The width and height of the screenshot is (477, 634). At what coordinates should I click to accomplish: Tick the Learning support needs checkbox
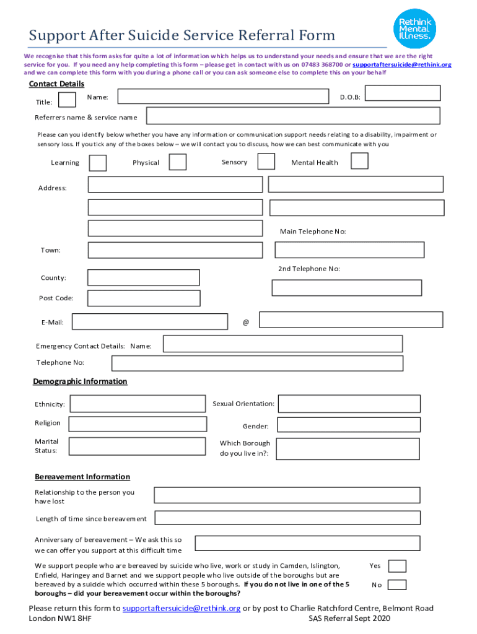(98, 163)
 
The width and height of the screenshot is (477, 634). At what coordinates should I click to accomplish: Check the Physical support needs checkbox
(178, 162)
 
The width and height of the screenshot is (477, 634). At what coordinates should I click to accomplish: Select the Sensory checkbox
(266, 162)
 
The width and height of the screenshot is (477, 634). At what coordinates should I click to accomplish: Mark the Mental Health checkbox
(359, 161)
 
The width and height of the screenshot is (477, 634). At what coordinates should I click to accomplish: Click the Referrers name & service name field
(293, 116)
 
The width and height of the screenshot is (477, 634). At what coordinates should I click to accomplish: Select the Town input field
(175, 250)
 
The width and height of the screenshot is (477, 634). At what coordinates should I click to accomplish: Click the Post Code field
(144, 298)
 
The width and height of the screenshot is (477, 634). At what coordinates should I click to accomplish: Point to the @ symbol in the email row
(246, 323)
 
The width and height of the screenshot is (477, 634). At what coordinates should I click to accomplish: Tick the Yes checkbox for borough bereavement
(397, 566)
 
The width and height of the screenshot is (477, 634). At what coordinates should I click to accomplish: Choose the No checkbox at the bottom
(397, 585)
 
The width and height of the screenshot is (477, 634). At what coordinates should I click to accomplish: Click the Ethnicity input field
(136, 405)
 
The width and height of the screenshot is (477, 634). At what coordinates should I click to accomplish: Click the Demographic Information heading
(80, 381)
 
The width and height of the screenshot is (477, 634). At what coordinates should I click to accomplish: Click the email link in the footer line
(182, 609)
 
